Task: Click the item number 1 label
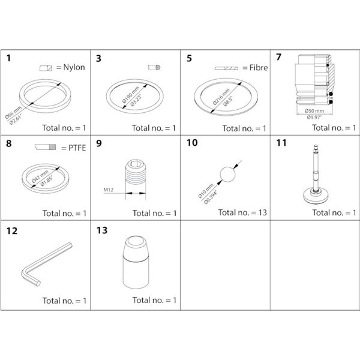(x=10, y=59)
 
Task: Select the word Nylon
(x=74, y=67)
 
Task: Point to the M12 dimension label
(x=109, y=190)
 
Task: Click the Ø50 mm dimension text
(x=315, y=110)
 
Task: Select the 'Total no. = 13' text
(x=242, y=212)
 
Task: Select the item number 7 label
(x=279, y=59)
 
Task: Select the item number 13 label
(x=102, y=230)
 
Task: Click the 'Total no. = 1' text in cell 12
(x=64, y=300)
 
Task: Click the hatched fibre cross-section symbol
(x=227, y=68)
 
